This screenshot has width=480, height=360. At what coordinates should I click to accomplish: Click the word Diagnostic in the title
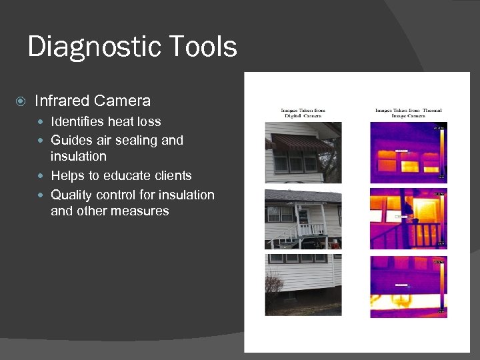pos(88,47)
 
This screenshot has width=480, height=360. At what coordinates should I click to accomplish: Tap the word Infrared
pos(62,101)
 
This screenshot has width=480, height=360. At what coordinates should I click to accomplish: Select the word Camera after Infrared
pos(122,101)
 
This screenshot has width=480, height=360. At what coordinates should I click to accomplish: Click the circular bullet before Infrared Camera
pos(21,101)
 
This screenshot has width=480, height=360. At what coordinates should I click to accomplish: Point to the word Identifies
pos(77,121)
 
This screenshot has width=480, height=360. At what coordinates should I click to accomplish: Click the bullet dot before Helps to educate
pos(42,176)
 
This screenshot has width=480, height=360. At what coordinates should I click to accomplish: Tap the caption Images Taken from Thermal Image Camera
pos(408,113)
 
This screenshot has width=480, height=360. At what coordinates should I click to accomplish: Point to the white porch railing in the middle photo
pos(308,229)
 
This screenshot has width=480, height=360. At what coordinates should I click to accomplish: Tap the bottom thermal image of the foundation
pos(408,286)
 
